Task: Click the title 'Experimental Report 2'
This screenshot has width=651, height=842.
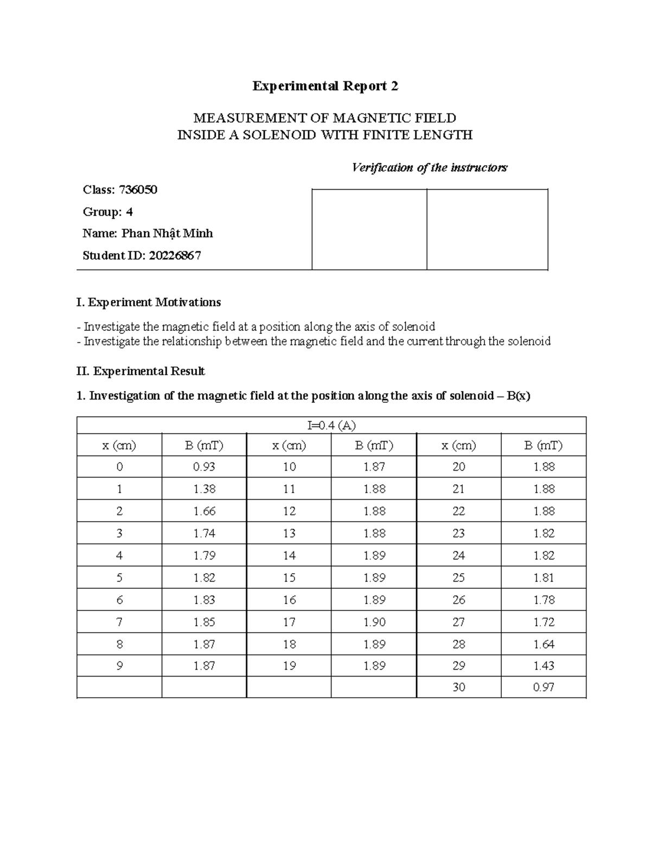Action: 325,86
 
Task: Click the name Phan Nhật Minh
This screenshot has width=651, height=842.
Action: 167,234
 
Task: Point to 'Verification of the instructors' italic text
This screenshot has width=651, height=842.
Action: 429,168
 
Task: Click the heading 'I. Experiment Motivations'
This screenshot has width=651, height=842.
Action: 149,302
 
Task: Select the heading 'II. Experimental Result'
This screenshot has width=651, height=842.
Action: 141,371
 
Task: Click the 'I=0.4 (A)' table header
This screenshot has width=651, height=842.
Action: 331,426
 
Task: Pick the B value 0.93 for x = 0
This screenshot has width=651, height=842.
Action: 204,467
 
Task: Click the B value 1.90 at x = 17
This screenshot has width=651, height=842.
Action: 374,622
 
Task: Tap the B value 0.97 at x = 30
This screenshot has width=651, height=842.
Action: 544,687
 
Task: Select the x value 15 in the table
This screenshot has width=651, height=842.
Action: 289,578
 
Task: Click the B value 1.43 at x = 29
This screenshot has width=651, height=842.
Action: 544,666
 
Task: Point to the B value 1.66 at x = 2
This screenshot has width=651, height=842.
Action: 204,511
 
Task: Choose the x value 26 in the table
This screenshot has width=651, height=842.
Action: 458,600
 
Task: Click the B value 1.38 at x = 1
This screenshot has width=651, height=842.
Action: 204,489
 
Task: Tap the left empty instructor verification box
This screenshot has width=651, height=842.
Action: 369,229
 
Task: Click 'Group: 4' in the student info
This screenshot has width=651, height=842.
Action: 107,212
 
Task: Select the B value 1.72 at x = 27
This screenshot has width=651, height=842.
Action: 544,622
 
